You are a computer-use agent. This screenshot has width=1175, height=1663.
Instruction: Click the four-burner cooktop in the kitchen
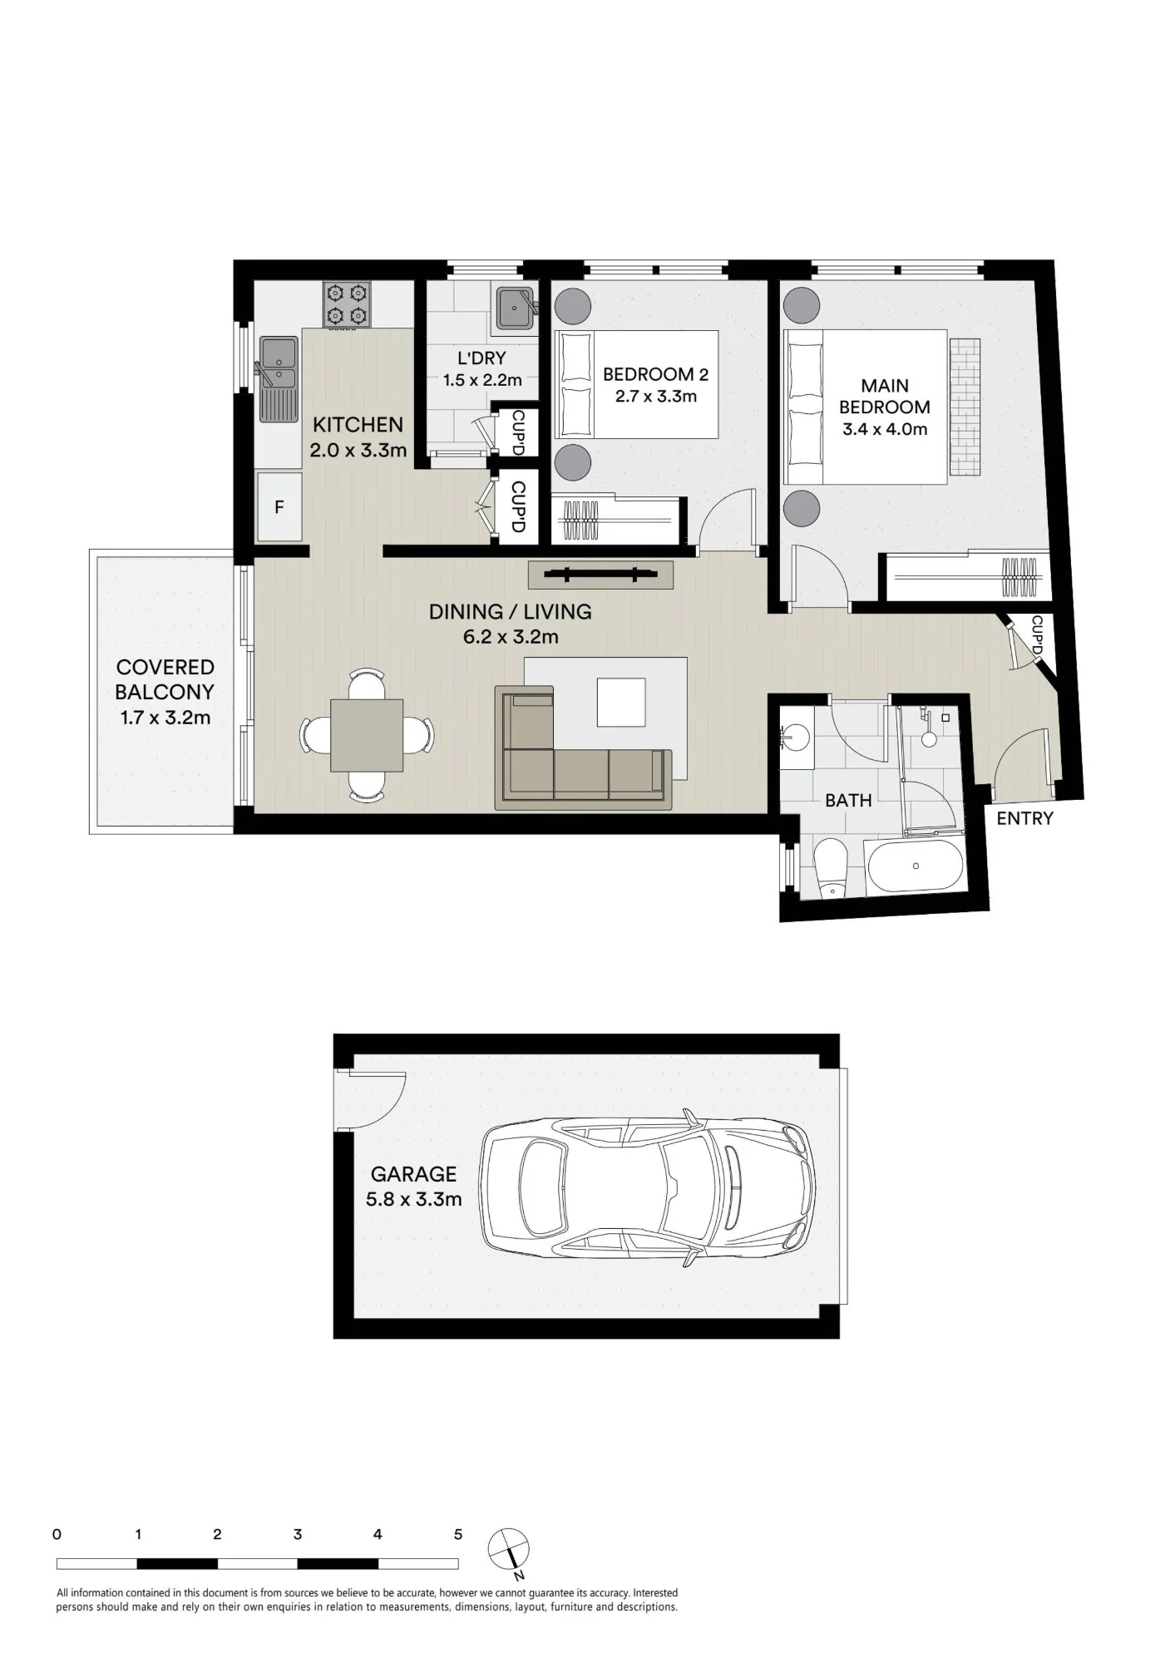pos(347,304)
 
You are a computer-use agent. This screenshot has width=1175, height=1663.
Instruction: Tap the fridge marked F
pos(279,506)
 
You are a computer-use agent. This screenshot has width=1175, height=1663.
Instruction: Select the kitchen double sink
pos(279,378)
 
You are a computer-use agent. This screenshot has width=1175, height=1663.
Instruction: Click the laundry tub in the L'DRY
pos(516,308)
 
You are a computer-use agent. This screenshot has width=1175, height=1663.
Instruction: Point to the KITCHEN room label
pos(358,425)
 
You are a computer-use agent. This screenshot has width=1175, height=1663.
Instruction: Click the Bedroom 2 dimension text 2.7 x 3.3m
pos(656,397)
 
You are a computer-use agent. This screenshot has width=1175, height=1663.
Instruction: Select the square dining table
pos(367,735)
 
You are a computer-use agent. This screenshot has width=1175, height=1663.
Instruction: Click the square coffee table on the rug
pos(621,702)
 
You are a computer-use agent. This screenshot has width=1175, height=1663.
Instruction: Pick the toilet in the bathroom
pos(830,868)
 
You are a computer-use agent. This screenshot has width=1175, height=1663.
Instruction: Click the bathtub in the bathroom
pos(914,866)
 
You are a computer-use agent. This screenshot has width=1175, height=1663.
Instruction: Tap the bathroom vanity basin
pos(796,737)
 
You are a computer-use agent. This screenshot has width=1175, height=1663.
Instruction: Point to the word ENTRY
pos(1024,819)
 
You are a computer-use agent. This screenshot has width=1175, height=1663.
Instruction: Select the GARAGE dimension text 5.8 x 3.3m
pos(413,1200)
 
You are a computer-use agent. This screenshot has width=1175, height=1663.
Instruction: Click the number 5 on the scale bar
pos(458,1535)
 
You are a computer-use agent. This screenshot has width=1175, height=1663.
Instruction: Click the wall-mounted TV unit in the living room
pos(600,575)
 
